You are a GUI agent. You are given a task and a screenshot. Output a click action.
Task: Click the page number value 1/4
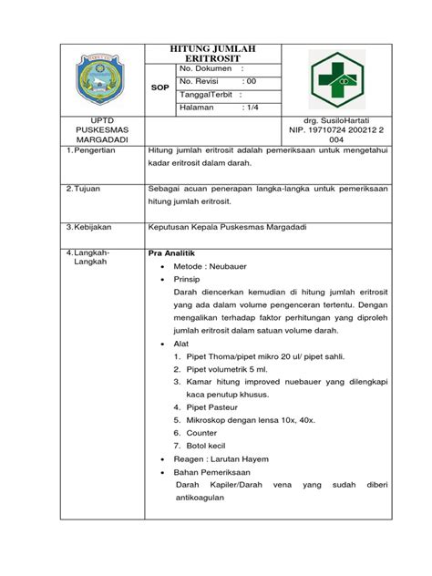point(252,108)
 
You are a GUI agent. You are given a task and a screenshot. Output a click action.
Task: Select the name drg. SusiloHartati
point(350,122)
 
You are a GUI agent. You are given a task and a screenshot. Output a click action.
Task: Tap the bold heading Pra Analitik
point(172,252)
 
